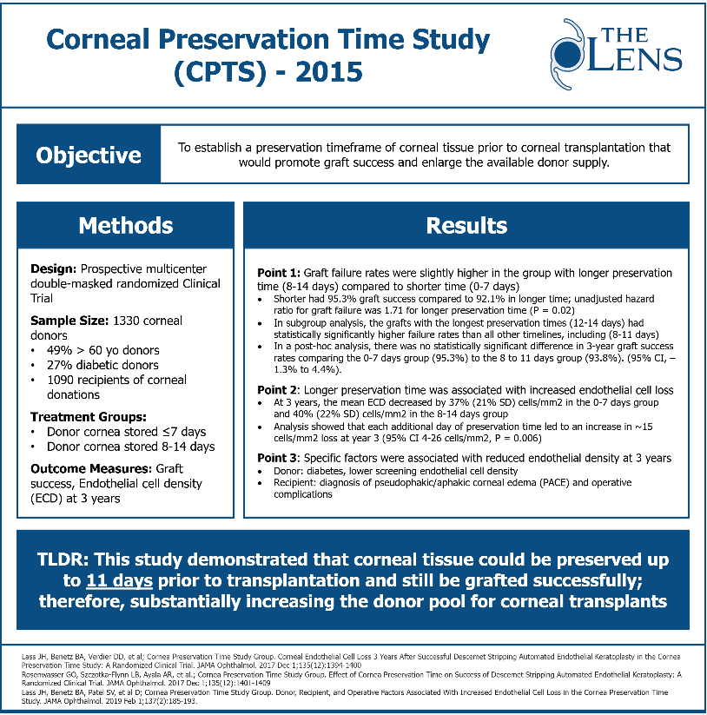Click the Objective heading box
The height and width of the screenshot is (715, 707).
(88, 156)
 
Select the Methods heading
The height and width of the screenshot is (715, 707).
(126, 226)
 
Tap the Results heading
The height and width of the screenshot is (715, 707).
(466, 226)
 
